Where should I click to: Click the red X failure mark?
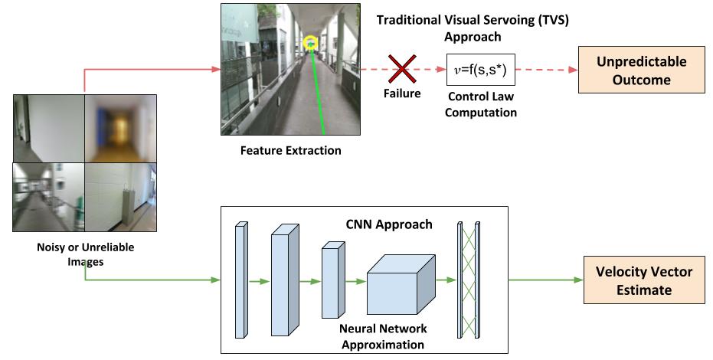[x=402, y=69]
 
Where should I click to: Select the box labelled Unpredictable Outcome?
[x=641, y=70]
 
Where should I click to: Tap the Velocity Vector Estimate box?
[x=644, y=280]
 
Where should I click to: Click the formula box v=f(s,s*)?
[x=481, y=70]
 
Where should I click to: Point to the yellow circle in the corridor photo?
[x=311, y=43]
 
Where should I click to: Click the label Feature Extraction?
[x=290, y=150]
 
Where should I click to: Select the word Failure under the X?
[x=402, y=93]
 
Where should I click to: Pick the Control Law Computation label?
[x=481, y=104]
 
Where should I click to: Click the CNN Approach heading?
[x=389, y=224]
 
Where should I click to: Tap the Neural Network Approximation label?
[x=383, y=336]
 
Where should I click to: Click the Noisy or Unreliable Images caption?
[x=86, y=254]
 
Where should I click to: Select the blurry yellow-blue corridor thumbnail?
[x=120, y=129]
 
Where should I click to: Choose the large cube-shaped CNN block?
[x=401, y=284]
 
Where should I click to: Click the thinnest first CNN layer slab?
[x=241, y=280]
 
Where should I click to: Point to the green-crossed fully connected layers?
[x=469, y=280]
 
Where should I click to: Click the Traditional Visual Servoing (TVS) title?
[x=473, y=28]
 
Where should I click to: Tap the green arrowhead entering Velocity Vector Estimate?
[x=579, y=280]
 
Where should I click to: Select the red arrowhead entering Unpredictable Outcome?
[x=574, y=70]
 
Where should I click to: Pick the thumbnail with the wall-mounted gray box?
[x=120, y=198]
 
